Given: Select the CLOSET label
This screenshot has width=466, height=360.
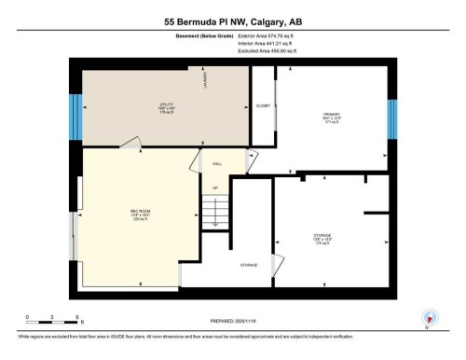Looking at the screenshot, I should click(264, 106).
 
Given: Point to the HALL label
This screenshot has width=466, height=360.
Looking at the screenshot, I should click(217, 163).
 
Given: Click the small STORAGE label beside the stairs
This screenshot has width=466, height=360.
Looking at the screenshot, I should click(249, 265).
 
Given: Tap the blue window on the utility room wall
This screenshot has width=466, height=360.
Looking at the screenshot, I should click(75, 115).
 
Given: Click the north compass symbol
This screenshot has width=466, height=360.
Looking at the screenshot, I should click(428, 318).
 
